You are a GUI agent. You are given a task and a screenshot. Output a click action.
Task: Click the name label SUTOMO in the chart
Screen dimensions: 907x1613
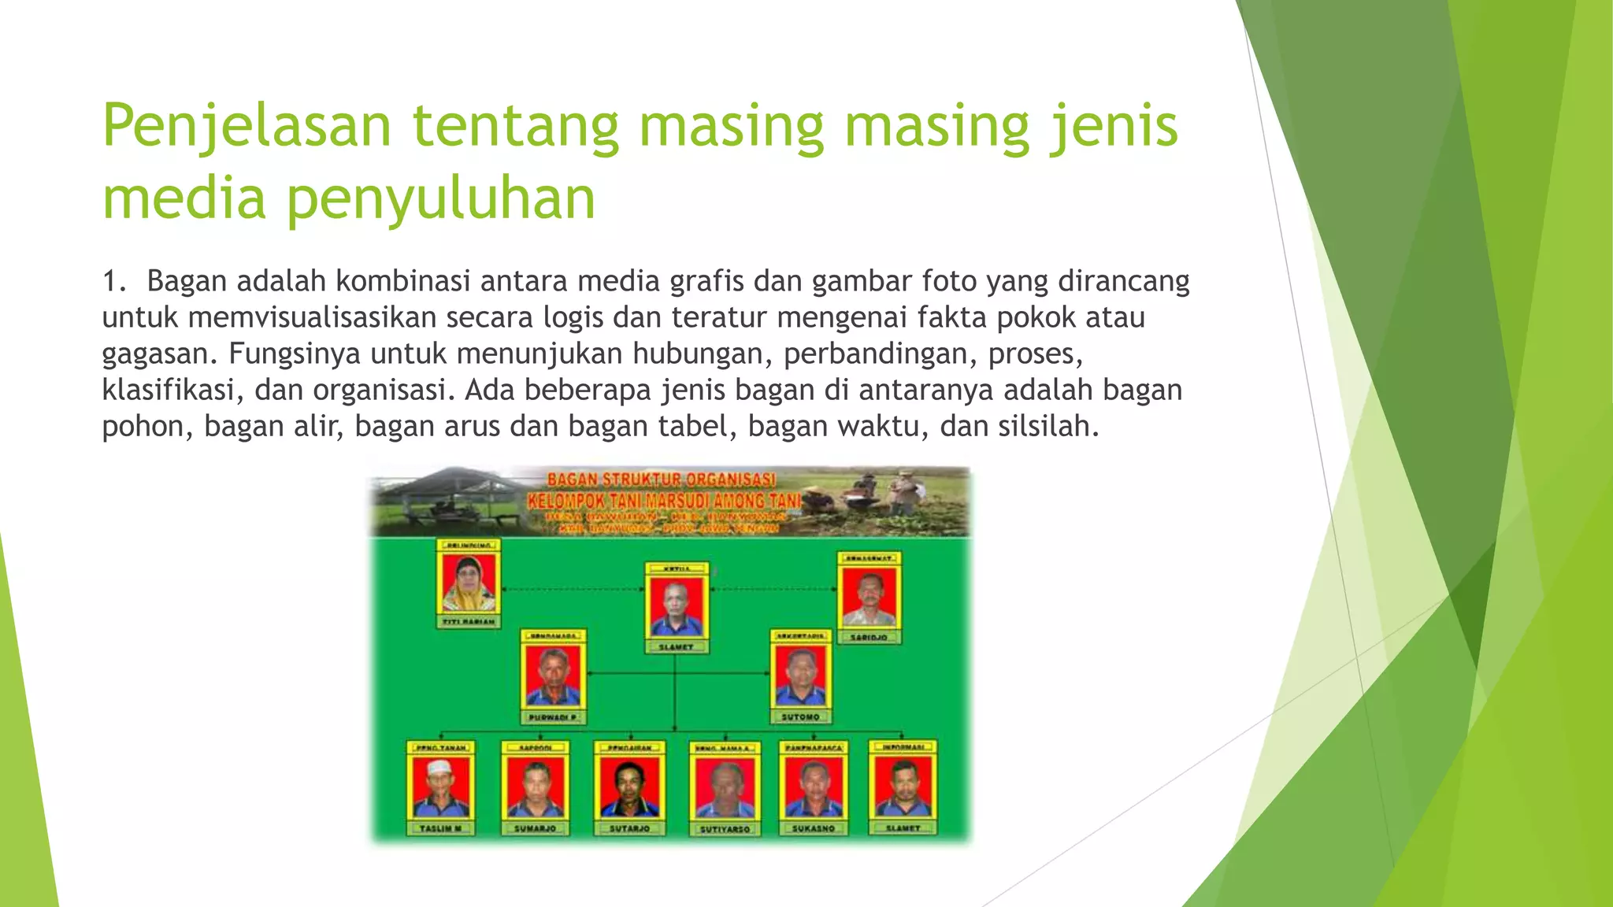point(800,717)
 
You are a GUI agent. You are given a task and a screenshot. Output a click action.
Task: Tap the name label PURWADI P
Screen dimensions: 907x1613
point(552,717)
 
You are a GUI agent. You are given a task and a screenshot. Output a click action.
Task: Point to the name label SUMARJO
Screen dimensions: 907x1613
point(535,828)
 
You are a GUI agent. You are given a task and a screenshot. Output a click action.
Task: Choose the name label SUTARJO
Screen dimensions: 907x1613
point(629,828)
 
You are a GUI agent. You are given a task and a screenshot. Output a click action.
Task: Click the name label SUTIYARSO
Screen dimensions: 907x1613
point(725,829)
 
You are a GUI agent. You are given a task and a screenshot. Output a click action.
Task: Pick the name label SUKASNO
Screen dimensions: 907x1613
point(814,828)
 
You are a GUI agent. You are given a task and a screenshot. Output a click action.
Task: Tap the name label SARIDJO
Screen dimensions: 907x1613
point(869,637)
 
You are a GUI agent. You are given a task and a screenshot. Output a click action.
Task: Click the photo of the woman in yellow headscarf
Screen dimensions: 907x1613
point(469,583)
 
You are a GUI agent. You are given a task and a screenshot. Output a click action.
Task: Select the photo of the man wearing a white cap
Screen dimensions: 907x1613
point(440,787)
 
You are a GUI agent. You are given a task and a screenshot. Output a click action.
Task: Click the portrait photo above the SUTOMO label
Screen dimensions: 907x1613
point(800,676)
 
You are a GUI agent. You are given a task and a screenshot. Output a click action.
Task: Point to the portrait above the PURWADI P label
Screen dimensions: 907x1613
point(552,676)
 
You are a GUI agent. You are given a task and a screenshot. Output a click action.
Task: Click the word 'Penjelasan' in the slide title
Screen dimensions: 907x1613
point(247,126)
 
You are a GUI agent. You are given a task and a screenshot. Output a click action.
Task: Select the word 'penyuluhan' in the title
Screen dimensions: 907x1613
point(440,198)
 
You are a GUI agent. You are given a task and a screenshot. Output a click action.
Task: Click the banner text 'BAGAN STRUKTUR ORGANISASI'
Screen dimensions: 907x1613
point(662,479)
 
